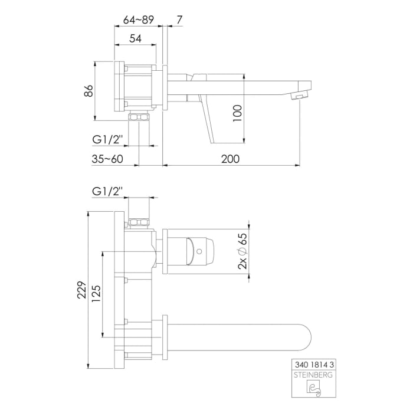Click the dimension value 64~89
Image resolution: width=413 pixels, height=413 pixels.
(x=139, y=19)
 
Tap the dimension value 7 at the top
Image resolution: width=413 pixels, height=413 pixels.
(x=179, y=19)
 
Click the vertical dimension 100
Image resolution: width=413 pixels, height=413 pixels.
(x=238, y=112)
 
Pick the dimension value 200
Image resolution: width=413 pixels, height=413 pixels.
(x=231, y=158)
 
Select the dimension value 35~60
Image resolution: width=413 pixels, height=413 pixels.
(x=108, y=158)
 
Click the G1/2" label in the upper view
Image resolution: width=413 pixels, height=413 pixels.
(x=107, y=140)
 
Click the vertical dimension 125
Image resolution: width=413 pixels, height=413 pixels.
(x=96, y=293)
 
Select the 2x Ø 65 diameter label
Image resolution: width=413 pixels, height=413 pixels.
(x=242, y=251)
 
